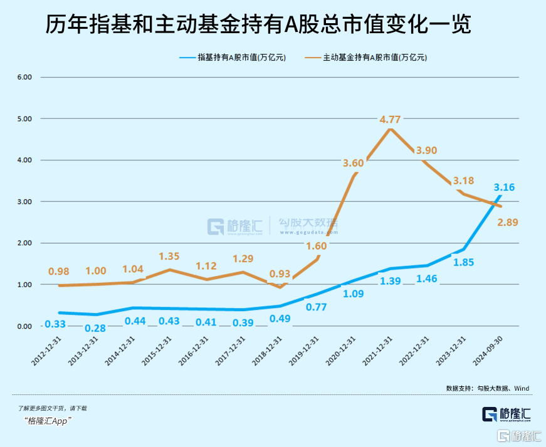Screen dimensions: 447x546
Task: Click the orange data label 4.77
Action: (391, 119)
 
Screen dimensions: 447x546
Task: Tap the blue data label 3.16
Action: (505, 187)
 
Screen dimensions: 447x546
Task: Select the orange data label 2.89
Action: (507, 222)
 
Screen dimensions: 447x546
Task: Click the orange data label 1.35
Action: (169, 256)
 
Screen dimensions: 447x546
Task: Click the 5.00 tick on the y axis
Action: (24, 118)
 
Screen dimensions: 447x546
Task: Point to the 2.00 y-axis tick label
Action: (24, 243)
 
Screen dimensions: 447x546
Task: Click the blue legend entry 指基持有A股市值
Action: (233, 57)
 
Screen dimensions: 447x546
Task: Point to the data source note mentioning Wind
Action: (487, 388)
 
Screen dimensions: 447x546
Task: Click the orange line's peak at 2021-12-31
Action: (390, 129)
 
